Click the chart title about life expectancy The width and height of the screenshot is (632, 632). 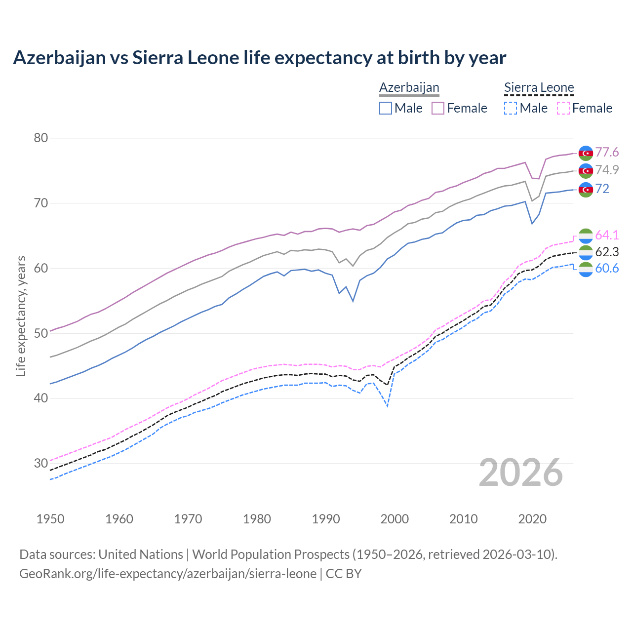[259, 58]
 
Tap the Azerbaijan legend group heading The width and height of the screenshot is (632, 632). [409, 88]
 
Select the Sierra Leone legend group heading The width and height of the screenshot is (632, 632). [539, 88]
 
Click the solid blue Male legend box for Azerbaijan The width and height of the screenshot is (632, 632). [386, 108]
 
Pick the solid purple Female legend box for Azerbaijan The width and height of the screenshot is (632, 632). [438, 108]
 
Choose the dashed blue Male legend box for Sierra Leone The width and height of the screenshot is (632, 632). [511, 108]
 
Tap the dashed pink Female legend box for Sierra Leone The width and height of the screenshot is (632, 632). [563, 108]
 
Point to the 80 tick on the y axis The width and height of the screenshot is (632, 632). [41, 138]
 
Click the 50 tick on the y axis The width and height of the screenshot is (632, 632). [41, 333]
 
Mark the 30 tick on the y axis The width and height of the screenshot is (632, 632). [41, 463]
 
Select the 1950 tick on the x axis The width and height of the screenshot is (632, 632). [50, 519]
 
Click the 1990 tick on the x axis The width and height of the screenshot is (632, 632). [326, 519]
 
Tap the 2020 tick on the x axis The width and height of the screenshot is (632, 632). [532, 519]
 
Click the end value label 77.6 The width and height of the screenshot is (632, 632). [607, 152]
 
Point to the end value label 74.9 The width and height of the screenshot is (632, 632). [607, 170]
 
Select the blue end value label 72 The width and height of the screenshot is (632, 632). [602, 189]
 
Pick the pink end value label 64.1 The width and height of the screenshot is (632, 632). [607, 235]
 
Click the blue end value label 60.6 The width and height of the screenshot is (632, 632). [607, 268]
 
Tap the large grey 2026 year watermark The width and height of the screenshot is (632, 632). [521, 473]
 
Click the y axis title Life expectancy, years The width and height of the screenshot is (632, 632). [21, 316]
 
